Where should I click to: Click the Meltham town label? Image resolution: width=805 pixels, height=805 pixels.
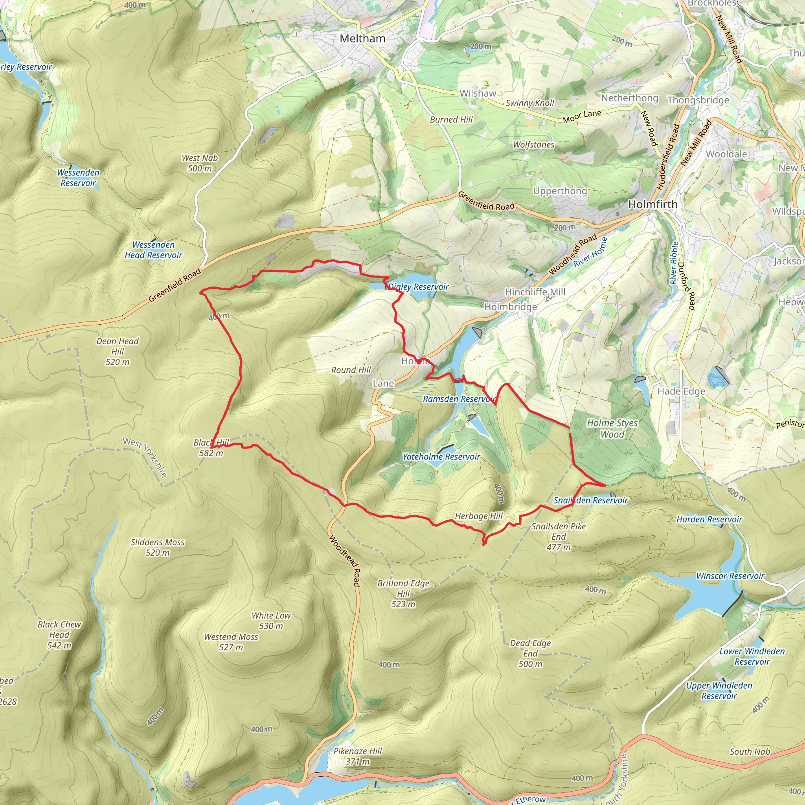click(362, 39)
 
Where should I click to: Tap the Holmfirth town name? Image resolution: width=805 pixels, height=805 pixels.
click(652, 204)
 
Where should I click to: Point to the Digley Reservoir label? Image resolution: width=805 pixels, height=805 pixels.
click(418, 287)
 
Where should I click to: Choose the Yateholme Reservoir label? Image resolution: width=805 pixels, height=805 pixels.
click(441, 457)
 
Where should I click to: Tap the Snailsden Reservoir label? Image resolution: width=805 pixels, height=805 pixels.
click(590, 500)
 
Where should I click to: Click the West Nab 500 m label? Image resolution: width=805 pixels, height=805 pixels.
click(200, 163)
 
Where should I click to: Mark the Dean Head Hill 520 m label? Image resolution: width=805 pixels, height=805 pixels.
click(118, 351)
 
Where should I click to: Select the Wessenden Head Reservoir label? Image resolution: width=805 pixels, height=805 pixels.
click(153, 250)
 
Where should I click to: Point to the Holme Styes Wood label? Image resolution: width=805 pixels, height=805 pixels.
click(612, 428)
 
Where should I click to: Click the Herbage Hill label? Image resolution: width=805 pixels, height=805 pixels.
click(479, 516)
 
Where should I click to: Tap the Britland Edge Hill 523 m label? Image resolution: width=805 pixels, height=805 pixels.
click(403, 593)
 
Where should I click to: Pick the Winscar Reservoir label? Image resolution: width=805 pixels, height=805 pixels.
click(730, 576)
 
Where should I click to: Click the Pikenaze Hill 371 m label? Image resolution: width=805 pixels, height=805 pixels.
click(358, 756)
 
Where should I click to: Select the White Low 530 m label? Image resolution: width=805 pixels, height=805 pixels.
click(271, 620)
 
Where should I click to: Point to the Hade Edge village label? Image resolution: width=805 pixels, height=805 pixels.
click(681, 391)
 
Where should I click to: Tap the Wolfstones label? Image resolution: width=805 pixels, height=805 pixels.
click(533, 145)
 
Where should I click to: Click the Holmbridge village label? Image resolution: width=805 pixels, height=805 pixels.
click(511, 307)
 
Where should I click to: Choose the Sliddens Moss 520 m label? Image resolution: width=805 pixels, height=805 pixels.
click(157, 547)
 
